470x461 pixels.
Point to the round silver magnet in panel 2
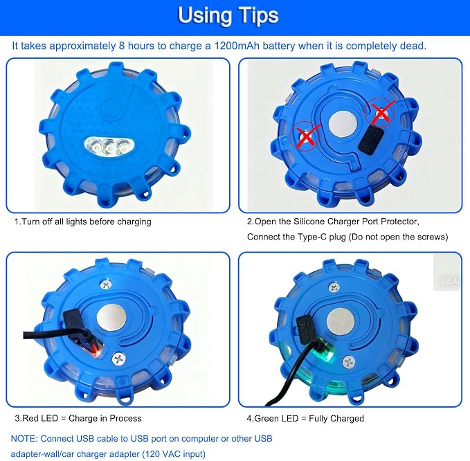tap(343, 125)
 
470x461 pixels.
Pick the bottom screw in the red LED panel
tap(118, 359)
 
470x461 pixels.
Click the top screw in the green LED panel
tap(334, 287)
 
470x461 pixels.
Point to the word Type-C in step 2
tap(311, 237)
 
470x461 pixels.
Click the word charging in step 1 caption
tap(134, 222)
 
